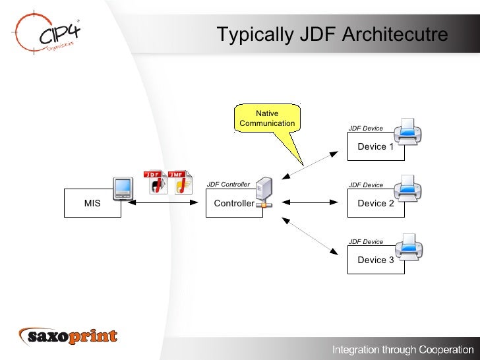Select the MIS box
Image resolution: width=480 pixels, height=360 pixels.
coord(92,203)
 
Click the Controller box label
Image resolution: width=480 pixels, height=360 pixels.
coord(233,204)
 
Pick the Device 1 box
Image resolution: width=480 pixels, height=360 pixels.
coord(375,146)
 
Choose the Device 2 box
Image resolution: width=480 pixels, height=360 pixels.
coord(375,203)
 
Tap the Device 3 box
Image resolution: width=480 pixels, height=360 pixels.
coord(375,260)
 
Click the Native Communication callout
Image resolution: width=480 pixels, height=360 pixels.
coord(267,119)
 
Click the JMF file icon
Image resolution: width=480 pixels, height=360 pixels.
coord(179,182)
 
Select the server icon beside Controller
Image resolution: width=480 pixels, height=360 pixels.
coord(264,192)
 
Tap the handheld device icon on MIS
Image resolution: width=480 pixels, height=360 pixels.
coord(122,188)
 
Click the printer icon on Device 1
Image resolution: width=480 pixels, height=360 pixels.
coord(407,131)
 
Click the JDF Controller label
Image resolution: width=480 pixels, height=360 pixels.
coord(228,185)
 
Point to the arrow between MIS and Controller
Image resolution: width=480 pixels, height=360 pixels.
coord(165,204)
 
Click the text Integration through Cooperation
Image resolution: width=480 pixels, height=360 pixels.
coord(402,348)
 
